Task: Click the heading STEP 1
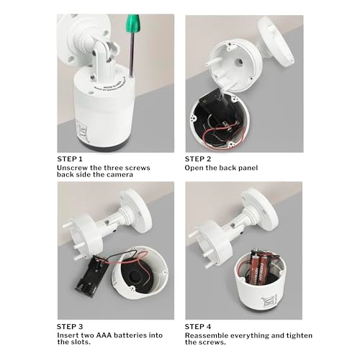tap(70, 158)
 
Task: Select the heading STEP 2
tap(199, 158)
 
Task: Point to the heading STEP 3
tap(70, 325)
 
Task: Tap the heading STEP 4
tap(199, 325)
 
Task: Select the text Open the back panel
tap(221, 168)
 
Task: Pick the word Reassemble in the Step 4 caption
tap(208, 335)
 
